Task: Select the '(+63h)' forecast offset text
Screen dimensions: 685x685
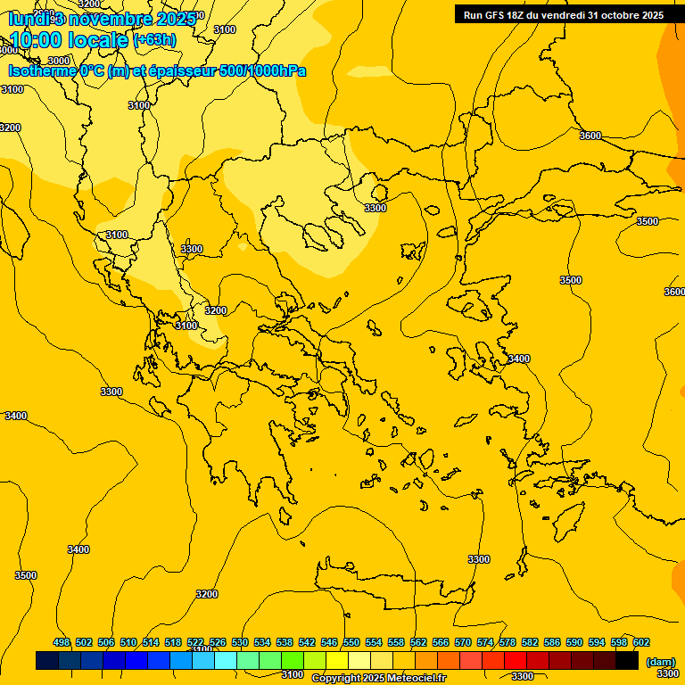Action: tap(153, 40)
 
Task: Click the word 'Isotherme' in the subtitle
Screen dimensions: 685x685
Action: tap(41, 70)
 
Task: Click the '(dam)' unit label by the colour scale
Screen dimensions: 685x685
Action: tap(660, 662)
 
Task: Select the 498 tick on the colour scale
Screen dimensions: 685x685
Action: tap(62, 642)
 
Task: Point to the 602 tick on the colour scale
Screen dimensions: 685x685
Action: tap(640, 642)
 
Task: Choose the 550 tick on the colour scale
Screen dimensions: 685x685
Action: tap(351, 642)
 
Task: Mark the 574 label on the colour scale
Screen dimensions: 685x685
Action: tap(485, 642)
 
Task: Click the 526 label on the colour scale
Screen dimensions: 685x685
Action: tap(218, 642)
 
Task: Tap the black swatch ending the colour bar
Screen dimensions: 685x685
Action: tap(627, 661)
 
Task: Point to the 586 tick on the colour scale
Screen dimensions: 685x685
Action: tap(551, 642)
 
